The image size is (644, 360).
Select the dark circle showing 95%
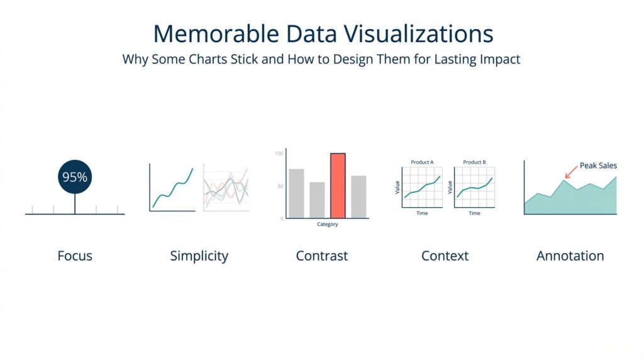75,177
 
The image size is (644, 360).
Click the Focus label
75,256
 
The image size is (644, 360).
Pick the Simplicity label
199,256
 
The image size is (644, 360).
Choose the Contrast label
321,256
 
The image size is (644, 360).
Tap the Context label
445,256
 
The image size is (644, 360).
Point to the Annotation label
570,256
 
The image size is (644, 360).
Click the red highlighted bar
338,186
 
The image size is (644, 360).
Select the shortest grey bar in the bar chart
317,200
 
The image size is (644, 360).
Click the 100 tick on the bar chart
279,153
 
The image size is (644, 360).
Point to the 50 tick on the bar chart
280,187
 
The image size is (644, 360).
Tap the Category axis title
327,225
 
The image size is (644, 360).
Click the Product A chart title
422,162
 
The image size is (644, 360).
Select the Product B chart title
474,162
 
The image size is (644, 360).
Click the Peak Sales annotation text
598,166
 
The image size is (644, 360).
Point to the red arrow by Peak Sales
572,171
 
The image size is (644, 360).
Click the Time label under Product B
474,213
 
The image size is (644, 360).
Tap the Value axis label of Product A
397,187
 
